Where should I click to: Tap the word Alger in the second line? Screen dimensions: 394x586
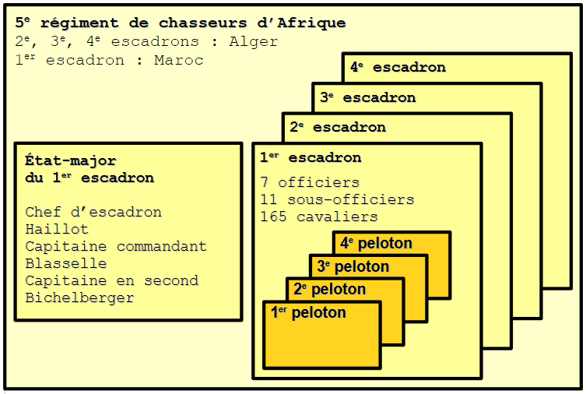(x=253, y=42)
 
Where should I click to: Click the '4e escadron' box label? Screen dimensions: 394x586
(x=398, y=68)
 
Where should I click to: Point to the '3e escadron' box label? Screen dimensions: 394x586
(x=367, y=98)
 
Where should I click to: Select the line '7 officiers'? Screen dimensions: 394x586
(x=310, y=183)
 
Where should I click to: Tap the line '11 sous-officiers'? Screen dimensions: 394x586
(x=336, y=200)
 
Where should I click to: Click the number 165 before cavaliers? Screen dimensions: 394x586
(x=273, y=217)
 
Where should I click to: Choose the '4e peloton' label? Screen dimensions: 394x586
(x=376, y=244)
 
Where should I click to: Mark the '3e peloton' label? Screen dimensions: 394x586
(x=353, y=267)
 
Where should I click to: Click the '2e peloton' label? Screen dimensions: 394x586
(x=329, y=290)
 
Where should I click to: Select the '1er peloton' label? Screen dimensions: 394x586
(x=307, y=314)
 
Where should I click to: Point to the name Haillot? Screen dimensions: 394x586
(x=56, y=230)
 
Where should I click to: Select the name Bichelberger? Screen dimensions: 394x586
(x=79, y=298)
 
